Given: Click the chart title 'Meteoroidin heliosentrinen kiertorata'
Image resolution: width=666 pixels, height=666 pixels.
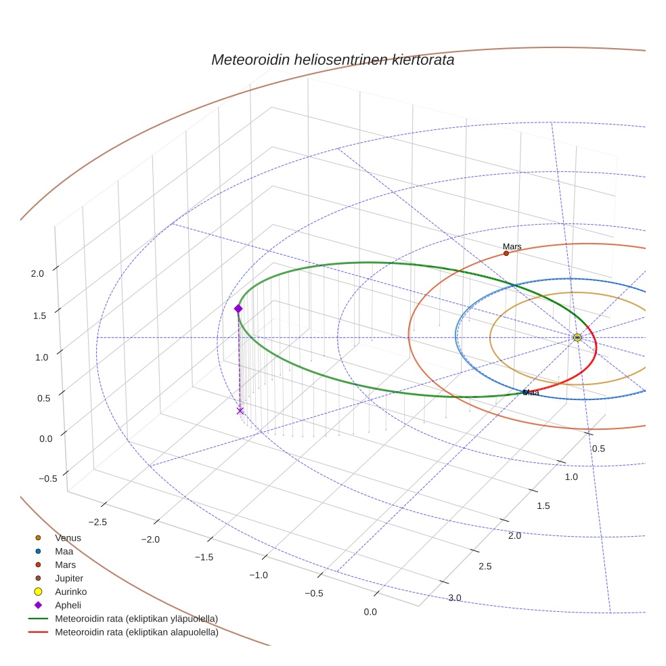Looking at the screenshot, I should (332, 60).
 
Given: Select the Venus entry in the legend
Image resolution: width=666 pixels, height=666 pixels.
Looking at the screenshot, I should (68, 538).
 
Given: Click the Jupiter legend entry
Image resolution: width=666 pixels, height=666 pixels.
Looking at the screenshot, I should (69, 579).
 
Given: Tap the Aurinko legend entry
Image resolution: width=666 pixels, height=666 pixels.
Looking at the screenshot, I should (70, 592).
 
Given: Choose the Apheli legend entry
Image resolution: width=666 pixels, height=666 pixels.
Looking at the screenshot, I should (68, 605).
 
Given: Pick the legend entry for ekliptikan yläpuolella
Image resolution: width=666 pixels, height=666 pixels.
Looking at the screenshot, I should (136, 619).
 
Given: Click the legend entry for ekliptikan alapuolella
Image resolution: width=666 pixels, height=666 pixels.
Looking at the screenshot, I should (136, 633).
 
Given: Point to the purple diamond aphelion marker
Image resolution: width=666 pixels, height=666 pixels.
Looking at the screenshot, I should (238, 309).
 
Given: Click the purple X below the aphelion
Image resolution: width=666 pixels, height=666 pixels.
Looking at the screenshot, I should (240, 411).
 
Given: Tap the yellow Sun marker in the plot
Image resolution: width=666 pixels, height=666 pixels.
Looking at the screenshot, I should (577, 337).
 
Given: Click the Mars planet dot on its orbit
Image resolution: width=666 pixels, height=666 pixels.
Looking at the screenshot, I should (506, 253).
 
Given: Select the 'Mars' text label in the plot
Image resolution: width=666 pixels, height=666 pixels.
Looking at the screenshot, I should (512, 246).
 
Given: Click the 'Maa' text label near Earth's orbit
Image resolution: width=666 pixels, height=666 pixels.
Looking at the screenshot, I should (531, 393).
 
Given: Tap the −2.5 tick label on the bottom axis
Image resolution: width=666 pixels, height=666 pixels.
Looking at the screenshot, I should (97, 522).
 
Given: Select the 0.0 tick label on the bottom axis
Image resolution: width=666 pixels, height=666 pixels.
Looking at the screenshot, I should (370, 613).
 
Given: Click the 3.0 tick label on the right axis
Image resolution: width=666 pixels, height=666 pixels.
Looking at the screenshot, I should (454, 598).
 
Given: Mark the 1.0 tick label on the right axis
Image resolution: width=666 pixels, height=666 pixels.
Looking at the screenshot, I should (571, 477).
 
